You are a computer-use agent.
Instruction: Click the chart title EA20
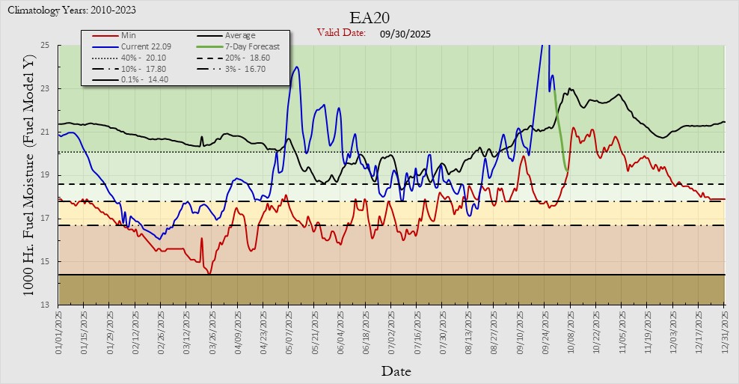[369, 17]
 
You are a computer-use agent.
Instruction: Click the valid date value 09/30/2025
[405, 34]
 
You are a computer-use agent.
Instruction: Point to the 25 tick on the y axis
[45, 46]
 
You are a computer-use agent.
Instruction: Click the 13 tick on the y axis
[45, 305]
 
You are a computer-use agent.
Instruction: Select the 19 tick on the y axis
[45, 175]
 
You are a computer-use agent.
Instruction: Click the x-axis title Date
[396, 371]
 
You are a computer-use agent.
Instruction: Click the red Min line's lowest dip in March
[209, 273]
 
